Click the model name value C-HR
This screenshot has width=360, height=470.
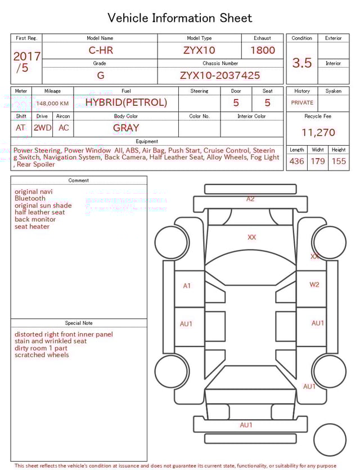click(101, 50)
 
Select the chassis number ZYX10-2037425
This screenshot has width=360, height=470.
click(220, 75)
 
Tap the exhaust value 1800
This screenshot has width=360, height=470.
click(263, 50)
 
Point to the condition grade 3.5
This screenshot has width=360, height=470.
click(302, 62)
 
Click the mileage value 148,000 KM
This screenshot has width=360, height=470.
click(52, 104)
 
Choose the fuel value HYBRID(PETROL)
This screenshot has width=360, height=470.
click(126, 102)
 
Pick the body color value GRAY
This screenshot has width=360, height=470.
click(126, 128)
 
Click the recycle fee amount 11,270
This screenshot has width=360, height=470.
click(318, 133)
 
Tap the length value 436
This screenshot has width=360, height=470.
click(296, 161)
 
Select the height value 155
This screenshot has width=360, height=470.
click(339, 161)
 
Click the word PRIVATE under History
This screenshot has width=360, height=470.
click(302, 103)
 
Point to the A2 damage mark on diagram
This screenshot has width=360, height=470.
click(250, 199)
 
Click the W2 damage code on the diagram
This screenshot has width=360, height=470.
click(314, 285)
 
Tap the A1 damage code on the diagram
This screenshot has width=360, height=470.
click(187, 286)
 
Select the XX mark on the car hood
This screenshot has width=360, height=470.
click(251, 238)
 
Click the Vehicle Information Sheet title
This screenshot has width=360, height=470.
click(180, 18)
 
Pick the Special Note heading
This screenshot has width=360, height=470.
click(79, 323)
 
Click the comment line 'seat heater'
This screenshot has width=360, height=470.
click(32, 227)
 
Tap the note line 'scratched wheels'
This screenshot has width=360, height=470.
click(42, 355)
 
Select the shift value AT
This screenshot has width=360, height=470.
click(21, 128)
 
